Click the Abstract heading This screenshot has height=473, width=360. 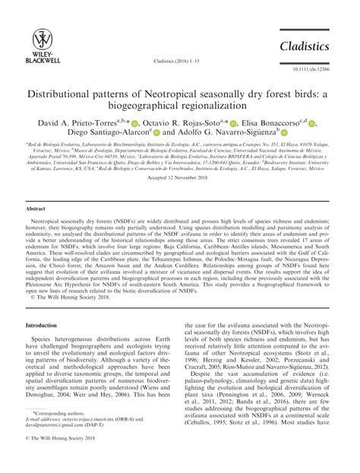38,207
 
